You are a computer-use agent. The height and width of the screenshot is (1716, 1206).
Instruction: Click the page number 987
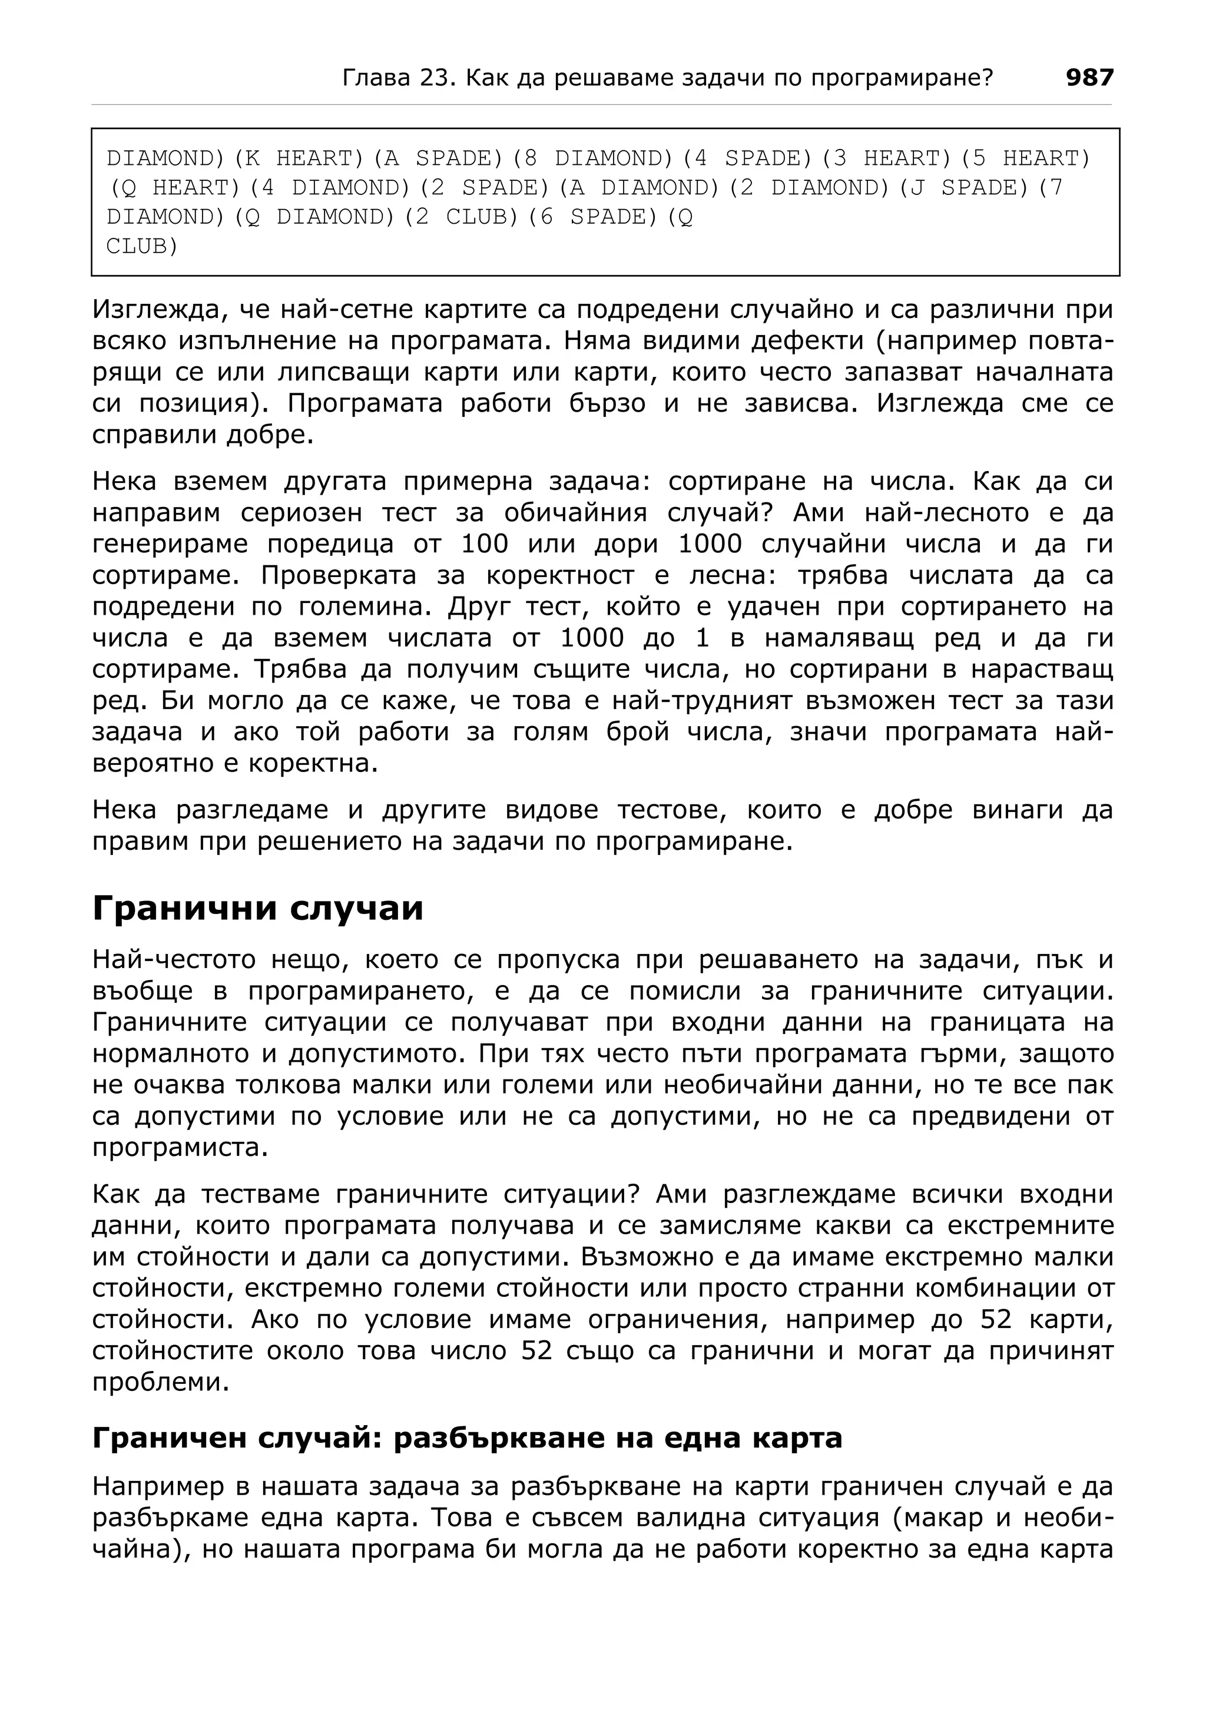(x=1089, y=78)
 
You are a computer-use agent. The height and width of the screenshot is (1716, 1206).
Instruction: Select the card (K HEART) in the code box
(x=298, y=158)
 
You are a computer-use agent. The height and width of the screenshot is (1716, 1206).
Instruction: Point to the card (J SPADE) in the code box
(x=963, y=188)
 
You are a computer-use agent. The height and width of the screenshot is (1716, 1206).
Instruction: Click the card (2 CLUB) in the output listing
(x=461, y=217)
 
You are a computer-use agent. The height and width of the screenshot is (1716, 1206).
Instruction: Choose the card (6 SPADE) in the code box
(x=592, y=217)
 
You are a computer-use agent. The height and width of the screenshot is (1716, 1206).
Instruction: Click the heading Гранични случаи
(x=258, y=909)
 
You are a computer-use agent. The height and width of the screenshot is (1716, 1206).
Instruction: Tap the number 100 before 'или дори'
(x=484, y=544)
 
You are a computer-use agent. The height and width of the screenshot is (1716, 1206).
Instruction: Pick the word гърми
(x=946, y=1053)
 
